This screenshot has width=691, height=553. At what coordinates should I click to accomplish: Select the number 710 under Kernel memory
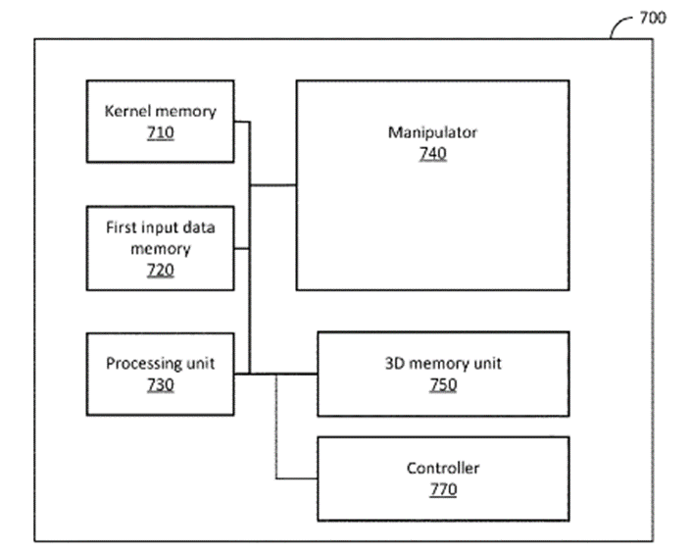click(x=161, y=131)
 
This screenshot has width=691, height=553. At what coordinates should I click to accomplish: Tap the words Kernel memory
click(x=161, y=111)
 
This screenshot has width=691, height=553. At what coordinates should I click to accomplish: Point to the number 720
click(x=161, y=270)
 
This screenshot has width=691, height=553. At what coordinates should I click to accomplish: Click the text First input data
click(x=161, y=227)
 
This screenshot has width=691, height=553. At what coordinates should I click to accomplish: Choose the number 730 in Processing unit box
click(x=161, y=384)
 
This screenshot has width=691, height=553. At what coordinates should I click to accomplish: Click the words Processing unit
click(x=161, y=364)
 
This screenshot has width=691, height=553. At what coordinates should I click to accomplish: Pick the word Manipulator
click(x=432, y=132)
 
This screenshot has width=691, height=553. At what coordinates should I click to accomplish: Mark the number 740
click(x=432, y=153)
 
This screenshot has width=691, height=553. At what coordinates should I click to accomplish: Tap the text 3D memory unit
click(x=443, y=364)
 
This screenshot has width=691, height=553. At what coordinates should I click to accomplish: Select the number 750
click(x=443, y=384)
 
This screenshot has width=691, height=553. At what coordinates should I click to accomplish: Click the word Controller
click(x=443, y=468)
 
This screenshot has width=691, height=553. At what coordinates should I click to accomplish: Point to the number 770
click(x=443, y=488)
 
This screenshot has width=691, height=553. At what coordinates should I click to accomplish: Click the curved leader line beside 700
click(x=620, y=25)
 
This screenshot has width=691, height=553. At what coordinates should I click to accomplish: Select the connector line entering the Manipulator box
click(x=273, y=185)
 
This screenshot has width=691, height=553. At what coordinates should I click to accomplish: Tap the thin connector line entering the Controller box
click(x=296, y=478)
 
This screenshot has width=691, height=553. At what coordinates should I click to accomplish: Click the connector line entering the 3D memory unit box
click(x=294, y=374)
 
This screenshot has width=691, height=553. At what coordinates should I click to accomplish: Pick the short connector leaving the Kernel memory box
click(x=242, y=122)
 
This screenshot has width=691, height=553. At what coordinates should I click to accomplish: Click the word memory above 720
click(x=161, y=248)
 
